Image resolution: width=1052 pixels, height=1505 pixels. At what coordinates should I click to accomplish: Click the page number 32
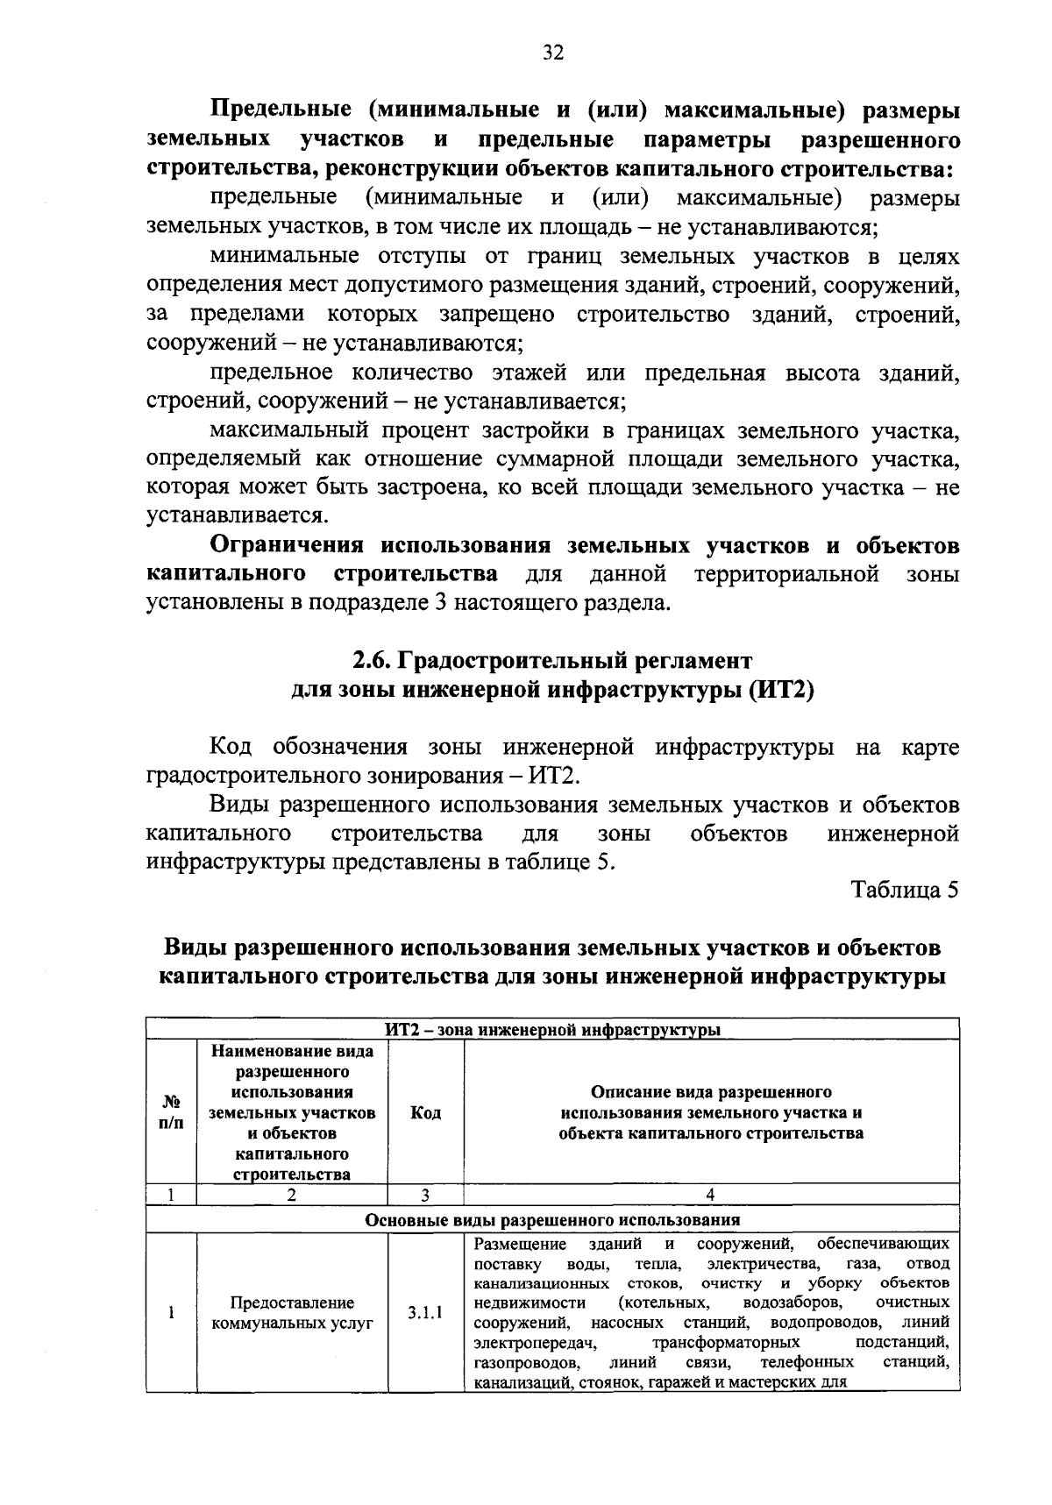tap(552, 53)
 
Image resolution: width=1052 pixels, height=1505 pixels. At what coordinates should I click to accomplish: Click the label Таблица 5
tap(905, 890)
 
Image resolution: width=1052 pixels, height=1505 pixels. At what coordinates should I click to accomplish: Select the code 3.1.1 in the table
tap(425, 1313)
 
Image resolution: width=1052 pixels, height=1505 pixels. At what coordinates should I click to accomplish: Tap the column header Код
tap(425, 1112)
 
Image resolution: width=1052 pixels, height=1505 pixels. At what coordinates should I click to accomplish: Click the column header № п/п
tap(171, 1112)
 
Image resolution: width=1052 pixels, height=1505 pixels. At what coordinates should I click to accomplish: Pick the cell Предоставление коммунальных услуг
tap(292, 1313)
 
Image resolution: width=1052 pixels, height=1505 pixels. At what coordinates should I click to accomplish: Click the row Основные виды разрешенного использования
tap(552, 1219)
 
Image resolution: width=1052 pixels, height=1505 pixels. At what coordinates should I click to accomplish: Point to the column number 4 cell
tap(710, 1194)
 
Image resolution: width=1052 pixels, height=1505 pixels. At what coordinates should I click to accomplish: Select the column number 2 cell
tap(292, 1194)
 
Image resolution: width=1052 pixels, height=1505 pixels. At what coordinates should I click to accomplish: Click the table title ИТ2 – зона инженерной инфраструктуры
tap(552, 1029)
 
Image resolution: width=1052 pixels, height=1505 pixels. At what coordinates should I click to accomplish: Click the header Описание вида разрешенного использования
tap(711, 1112)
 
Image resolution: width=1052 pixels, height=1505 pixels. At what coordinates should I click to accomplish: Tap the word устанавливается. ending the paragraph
tap(237, 516)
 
